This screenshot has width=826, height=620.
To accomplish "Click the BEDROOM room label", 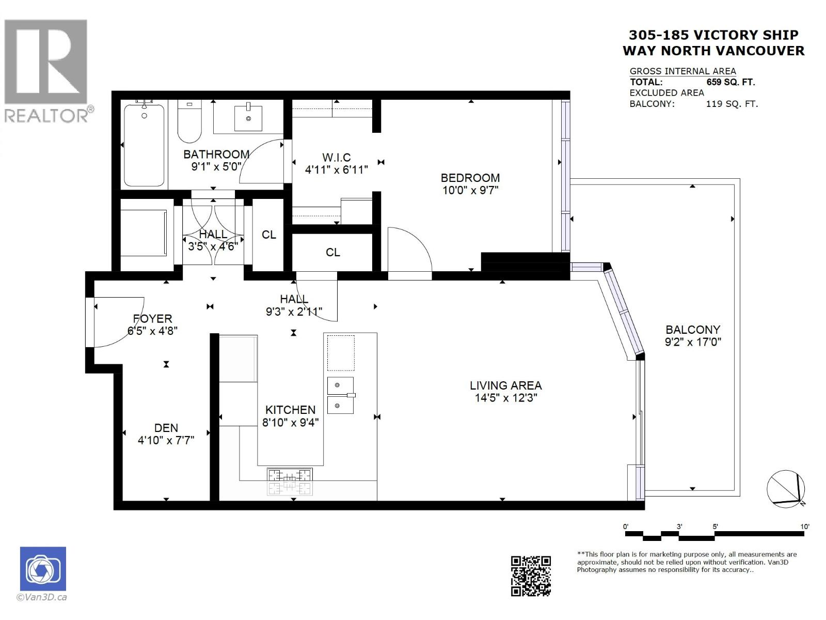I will (x=470, y=178).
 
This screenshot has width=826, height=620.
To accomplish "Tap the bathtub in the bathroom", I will (x=145, y=146).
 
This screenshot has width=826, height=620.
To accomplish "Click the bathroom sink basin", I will (x=249, y=118).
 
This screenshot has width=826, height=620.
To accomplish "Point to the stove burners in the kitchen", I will (x=290, y=481).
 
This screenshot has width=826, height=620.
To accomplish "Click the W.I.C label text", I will (x=336, y=157).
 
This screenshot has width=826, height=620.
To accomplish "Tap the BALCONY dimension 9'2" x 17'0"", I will (x=693, y=342).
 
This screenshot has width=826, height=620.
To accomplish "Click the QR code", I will (x=531, y=576).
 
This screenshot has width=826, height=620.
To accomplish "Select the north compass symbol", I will (x=785, y=487).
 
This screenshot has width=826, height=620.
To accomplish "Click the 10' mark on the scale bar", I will (x=804, y=527).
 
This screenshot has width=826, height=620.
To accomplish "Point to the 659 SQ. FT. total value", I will (x=730, y=82).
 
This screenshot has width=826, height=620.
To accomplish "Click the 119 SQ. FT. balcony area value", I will (x=732, y=104).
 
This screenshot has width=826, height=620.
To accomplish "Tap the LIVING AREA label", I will (x=505, y=385).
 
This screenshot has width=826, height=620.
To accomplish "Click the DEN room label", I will (x=166, y=428).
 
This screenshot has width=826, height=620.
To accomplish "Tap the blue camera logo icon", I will (x=43, y=568).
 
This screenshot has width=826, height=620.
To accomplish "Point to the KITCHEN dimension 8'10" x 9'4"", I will (x=290, y=422).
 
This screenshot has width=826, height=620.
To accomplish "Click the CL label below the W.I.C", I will (x=332, y=252).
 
